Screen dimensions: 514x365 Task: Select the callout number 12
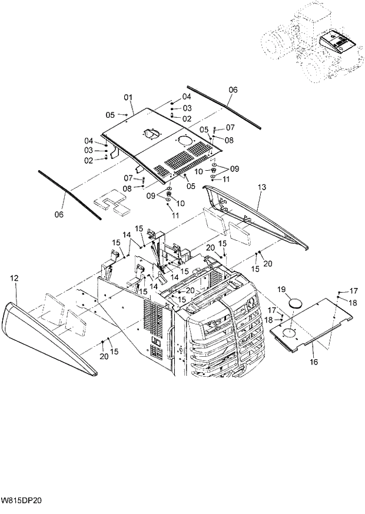pos(15,277)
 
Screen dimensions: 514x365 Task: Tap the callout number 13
pos(262,188)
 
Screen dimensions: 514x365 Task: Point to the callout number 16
pos(314,362)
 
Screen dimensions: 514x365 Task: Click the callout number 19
pos(281,289)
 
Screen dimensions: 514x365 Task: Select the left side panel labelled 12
pos(47,336)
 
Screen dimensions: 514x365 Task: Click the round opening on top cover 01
pos(183,141)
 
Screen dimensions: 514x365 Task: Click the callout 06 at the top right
pos(233,90)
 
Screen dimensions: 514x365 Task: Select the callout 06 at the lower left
pos(59,215)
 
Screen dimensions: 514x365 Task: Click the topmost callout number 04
pos(187,97)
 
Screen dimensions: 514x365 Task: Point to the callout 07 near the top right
pos(230,127)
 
